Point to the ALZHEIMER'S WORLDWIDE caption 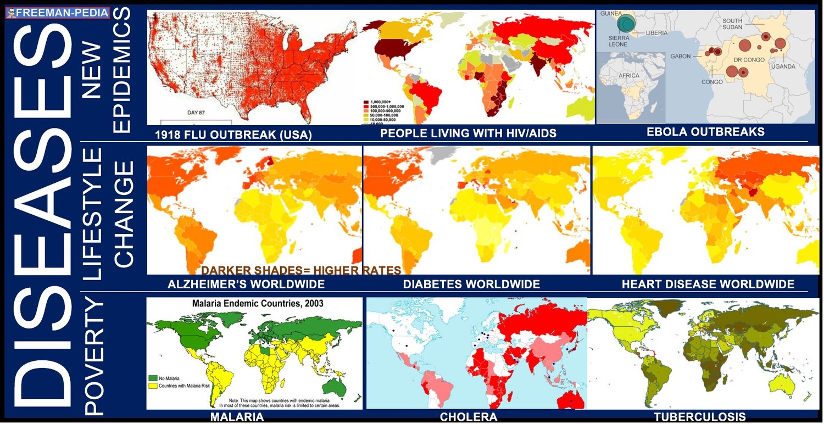coord(246,284)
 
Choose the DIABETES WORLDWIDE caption coord(471,284)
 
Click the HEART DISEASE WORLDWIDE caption coord(708,284)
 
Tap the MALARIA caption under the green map coord(237,417)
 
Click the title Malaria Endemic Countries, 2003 coord(257,303)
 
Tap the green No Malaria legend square coord(153,378)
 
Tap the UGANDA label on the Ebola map coord(783,66)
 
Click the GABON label coord(681,56)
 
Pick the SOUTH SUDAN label coord(733,25)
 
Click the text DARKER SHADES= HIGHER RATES coord(301,270)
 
